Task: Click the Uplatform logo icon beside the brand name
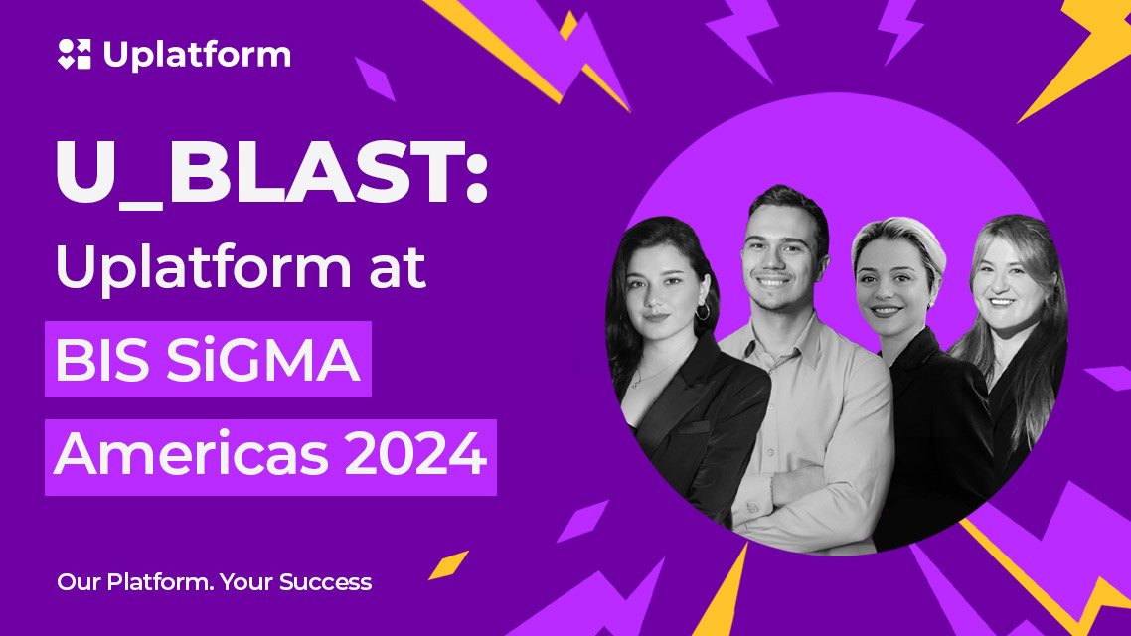[75, 54]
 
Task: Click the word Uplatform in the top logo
[197, 54]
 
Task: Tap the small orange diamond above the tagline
[448, 564]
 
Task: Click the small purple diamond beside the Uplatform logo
[375, 79]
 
